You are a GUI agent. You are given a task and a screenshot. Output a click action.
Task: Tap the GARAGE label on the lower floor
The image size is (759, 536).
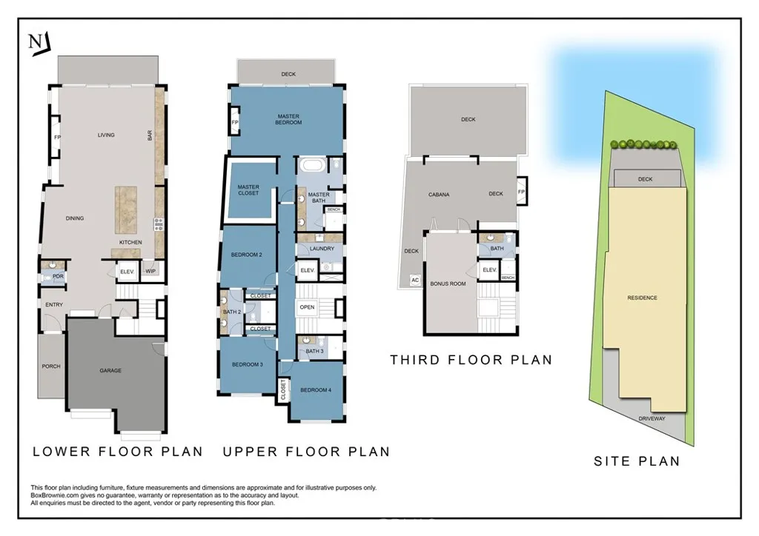pyautogui.click(x=110, y=371)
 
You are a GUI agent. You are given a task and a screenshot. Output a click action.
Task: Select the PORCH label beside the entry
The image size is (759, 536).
pyautogui.click(x=51, y=366)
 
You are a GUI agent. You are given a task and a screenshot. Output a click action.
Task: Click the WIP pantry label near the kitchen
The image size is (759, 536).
pyautogui.click(x=150, y=271)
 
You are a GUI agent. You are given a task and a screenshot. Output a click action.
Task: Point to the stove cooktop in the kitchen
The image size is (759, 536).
pyautogui.click(x=159, y=224)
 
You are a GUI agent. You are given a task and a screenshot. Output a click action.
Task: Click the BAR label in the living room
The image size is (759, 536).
pyautogui.click(x=150, y=135)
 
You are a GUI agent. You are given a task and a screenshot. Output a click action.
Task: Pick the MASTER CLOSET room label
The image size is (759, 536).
pyautogui.click(x=248, y=190)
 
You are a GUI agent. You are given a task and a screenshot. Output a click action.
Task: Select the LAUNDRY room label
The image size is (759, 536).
pyautogui.click(x=322, y=249)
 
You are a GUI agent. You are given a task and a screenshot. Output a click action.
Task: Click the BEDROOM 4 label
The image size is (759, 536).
pyautogui.click(x=316, y=390)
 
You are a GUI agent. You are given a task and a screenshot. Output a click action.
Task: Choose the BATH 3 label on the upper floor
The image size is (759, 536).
pyautogui.click(x=314, y=351)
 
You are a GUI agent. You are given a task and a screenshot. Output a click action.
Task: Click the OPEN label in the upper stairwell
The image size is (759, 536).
pyautogui.click(x=307, y=307)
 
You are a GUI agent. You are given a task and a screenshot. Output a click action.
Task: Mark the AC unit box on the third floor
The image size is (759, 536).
pyautogui.click(x=415, y=280)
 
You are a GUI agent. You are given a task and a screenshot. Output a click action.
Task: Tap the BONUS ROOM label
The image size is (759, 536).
pyautogui.click(x=448, y=284)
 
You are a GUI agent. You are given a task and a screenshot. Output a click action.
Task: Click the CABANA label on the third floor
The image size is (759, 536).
pyautogui.click(x=439, y=195)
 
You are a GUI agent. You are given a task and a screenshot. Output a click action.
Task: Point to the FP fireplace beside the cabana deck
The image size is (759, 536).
pyautogui.click(x=521, y=192)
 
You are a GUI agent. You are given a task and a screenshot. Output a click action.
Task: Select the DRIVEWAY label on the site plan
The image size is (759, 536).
pyautogui.click(x=652, y=418)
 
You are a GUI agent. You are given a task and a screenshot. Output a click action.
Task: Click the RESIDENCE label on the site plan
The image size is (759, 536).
pyautogui.click(x=643, y=298)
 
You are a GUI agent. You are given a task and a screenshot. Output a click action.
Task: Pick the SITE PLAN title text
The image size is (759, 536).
pyautogui.click(x=637, y=461)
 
